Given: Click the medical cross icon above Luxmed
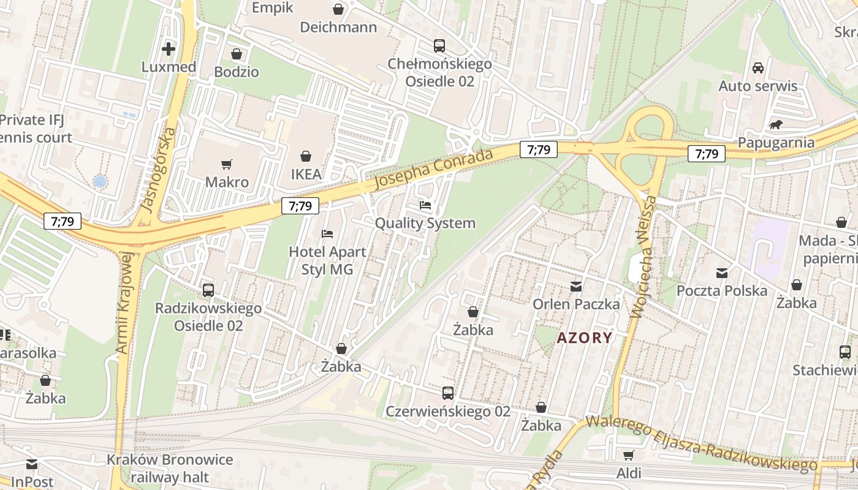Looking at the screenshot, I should click(x=168, y=49).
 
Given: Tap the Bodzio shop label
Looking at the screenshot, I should click(x=236, y=72).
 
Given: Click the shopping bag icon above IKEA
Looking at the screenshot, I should click(x=305, y=157).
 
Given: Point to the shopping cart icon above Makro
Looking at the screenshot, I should click(x=227, y=164).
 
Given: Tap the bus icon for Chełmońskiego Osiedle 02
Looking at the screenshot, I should click(x=439, y=46).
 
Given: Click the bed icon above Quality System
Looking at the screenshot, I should click(x=425, y=205).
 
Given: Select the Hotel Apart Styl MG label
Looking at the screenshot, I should click(x=327, y=260).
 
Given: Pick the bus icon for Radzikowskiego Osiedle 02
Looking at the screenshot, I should click(x=208, y=290).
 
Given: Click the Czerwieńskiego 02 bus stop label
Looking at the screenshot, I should click(x=447, y=411).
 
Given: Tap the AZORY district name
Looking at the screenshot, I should click(x=584, y=337).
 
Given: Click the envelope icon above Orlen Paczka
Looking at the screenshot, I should click(x=576, y=286).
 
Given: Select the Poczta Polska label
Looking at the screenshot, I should click(x=721, y=290).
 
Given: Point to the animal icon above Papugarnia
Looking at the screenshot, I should click(x=776, y=125).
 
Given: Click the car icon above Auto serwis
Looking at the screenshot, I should click(x=758, y=68).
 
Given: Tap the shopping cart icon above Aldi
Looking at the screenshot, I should click(x=628, y=455).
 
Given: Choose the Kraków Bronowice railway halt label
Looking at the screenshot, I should click(x=170, y=468).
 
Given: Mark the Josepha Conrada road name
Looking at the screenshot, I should click(x=433, y=168).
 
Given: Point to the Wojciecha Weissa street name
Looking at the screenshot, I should click(x=643, y=257).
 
